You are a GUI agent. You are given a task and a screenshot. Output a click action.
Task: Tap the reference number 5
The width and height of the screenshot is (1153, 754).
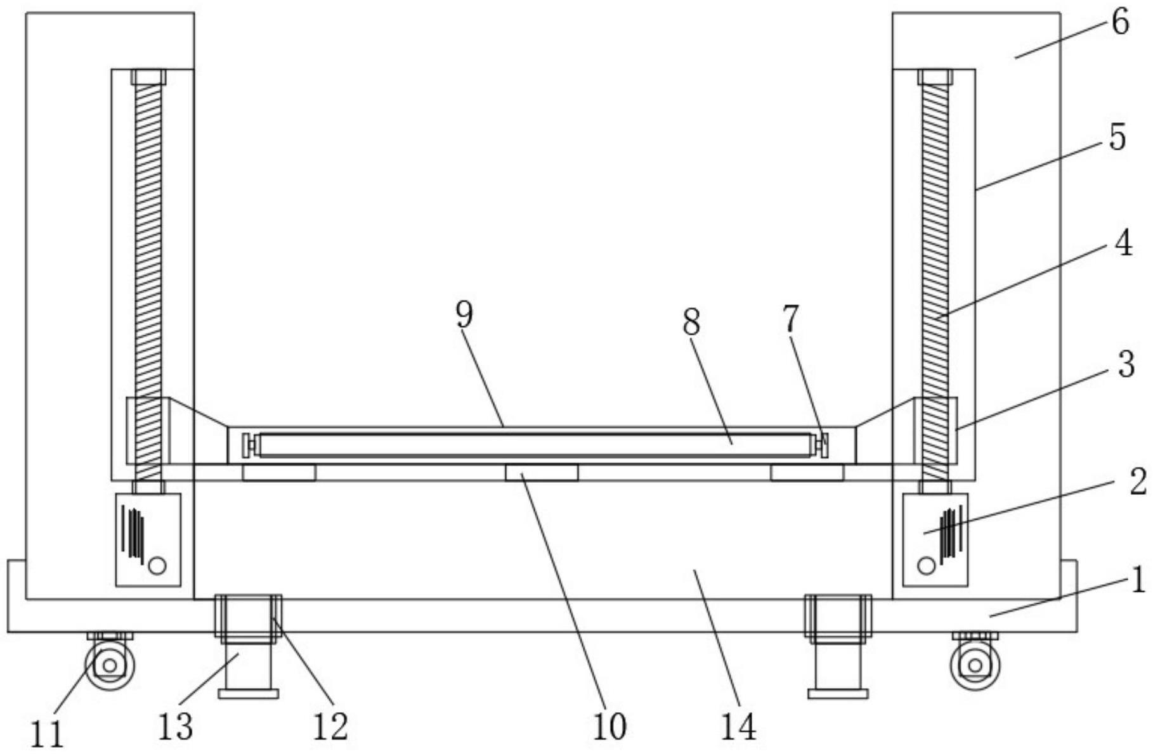click(x=1117, y=137)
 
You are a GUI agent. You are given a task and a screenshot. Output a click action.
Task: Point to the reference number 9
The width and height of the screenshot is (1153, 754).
click(x=465, y=315)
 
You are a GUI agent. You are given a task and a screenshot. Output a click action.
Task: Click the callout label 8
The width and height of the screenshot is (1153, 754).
click(x=691, y=322)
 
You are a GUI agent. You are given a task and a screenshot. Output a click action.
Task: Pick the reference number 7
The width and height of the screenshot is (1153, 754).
click(x=790, y=319)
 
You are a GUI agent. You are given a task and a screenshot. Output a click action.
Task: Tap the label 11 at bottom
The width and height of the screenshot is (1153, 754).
click(x=48, y=734)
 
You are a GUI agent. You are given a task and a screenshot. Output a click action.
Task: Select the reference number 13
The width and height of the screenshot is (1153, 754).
click(x=175, y=726)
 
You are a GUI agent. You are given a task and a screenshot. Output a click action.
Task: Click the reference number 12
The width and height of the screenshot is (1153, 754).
click(x=330, y=726)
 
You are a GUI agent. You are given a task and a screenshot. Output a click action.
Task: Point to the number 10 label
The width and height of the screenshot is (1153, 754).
click(x=609, y=726)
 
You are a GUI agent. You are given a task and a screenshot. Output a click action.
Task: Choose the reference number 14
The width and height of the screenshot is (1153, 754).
click(x=738, y=726)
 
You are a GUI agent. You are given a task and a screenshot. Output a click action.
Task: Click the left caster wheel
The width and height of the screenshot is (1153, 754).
click(x=110, y=665)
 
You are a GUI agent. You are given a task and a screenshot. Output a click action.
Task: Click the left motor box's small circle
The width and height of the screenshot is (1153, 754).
click(x=157, y=565)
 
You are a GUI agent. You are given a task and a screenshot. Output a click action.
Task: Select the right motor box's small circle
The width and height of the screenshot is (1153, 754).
click(x=927, y=565)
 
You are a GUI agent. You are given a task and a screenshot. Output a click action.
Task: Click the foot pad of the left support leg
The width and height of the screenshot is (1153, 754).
click(x=248, y=694)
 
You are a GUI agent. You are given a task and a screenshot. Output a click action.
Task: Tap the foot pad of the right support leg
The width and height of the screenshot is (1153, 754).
click(x=838, y=694)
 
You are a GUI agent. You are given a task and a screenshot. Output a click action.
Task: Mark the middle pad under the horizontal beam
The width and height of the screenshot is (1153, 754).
click(x=542, y=473)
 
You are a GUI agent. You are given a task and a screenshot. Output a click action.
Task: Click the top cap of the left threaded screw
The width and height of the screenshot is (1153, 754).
click(x=148, y=77)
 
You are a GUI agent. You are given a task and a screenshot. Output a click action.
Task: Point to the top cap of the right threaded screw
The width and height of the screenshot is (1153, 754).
click(x=935, y=77)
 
